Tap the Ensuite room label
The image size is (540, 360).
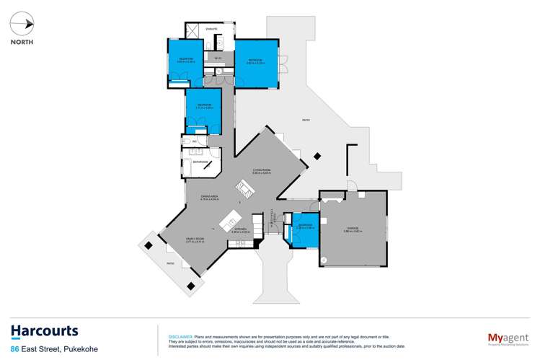[211, 28]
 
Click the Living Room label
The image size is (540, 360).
[261, 171]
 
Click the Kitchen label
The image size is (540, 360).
[241, 230]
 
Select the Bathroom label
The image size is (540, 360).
[201, 163]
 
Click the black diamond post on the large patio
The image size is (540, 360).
[318, 154]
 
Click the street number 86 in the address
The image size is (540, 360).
[14, 349]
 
